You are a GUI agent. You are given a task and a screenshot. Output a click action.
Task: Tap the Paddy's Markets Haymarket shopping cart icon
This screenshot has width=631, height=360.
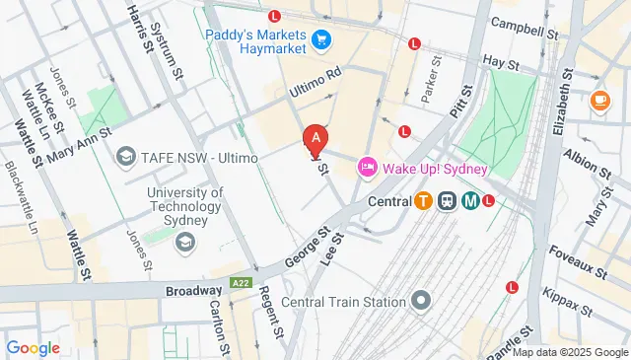click(x=320, y=40)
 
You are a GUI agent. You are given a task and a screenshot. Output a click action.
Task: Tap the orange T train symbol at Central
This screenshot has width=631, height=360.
click(x=423, y=201)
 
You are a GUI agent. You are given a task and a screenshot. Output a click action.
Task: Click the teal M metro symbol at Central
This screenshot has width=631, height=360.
click(x=470, y=201)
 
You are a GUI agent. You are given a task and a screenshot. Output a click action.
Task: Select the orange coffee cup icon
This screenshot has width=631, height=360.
click(x=599, y=100)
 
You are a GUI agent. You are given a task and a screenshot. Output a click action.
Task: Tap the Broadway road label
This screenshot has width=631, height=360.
click(x=193, y=290)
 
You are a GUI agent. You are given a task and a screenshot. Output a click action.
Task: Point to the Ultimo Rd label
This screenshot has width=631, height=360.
click(x=315, y=87)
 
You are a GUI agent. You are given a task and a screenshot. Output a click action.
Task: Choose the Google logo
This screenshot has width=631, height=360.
click(x=34, y=347)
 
